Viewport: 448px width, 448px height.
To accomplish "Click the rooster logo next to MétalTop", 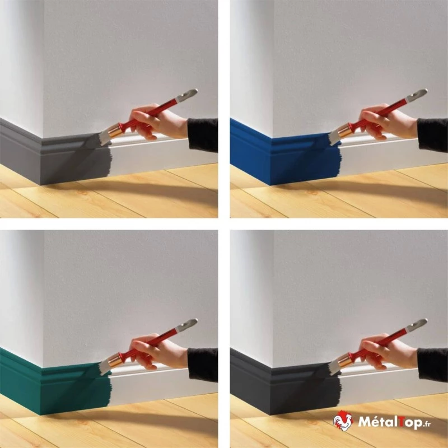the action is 343,421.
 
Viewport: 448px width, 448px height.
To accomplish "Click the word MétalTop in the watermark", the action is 390,422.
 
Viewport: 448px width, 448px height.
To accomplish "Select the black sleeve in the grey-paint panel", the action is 203,135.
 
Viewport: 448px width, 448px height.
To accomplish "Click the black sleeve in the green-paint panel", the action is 203,365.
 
